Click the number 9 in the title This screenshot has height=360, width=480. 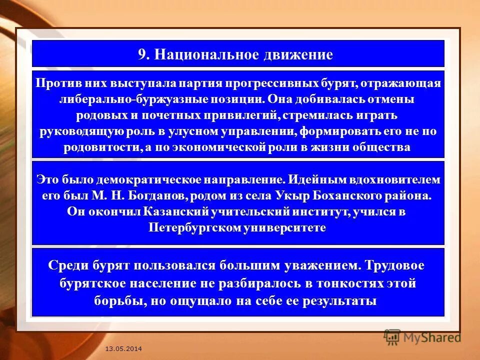tap(141, 54)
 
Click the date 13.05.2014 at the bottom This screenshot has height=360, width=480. tap(123, 347)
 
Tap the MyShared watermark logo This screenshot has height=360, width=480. tap(423, 337)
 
